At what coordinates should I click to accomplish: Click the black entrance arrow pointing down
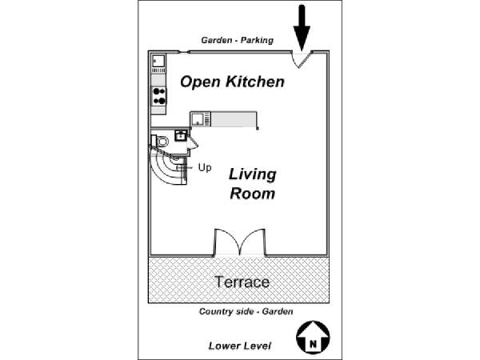pyautogui.click(x=302, y=27)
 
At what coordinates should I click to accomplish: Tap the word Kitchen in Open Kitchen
pyautogui.click(x=255, y=82)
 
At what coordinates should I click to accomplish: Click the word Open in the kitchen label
pyautogui.click(x=201, y=82)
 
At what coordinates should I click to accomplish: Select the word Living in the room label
pyautogui.click(x=253, y=175)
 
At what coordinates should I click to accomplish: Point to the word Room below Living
pyautogui.click(x=253, y=194)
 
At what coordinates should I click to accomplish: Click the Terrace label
pyautogui.click(x=242, y=282)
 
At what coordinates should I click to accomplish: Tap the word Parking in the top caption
pyautogui.click(x=257, y=40)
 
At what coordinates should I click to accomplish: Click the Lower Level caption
pyautogui.click(x=240, y=346)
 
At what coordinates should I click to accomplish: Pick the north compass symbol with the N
pyautogui.click(x=313, y=337)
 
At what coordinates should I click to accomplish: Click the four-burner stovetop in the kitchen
pyautogui.click(x=159, y=96)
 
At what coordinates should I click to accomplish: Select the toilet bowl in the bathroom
pyautogui.click(x=162, y=142)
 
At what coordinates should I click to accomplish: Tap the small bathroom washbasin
pyautogui.click(x=181, y=135)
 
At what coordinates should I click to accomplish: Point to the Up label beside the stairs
pyautogui.click(x=205, y=167)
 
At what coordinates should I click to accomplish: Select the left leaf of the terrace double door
pyautogui.click(x=226, y=242)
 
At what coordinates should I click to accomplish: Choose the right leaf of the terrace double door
pyautogui.click(x=253, y=242)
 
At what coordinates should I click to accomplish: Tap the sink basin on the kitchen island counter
pyautogui.click(x=197, y=118)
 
